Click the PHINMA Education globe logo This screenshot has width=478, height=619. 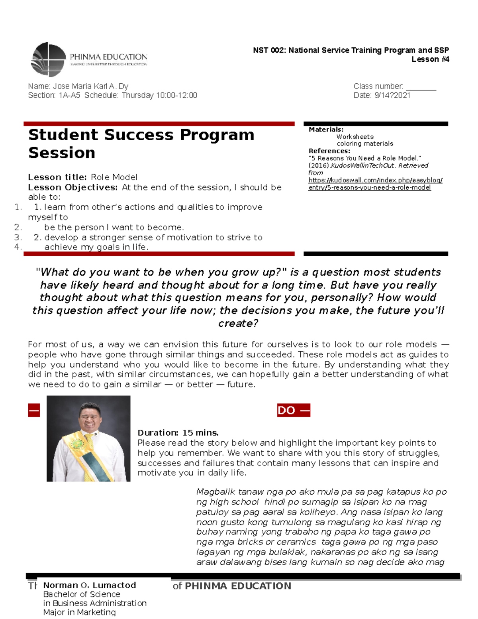pyautogui.click(x=48, y=59)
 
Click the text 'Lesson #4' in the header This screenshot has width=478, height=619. pyautogui.click(x=430, y=59)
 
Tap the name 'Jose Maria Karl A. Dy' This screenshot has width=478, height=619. pyautogui.click(x=90, y=86)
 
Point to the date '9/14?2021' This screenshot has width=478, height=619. pyautogui.click(x=392, y=95)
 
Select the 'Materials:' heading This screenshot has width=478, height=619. pyautogui.click(x=326, y=130)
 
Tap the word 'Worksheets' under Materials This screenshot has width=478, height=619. pyautogui.click(x=355, y=137)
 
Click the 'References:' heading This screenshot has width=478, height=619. pyautogui.click(x=329, y=151)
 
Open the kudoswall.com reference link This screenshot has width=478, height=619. pyautogui.click(x=375, y=180)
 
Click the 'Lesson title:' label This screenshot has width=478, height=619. pyautogui.click(x=57, y=177)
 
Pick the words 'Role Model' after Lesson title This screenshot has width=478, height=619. pyautogui.click(x=114, y=177)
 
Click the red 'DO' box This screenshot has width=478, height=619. pyautogui.click(x=293, y=410)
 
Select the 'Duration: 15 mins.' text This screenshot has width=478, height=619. pyautogui.click(x=178, y=432)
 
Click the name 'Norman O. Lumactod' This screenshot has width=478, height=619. pyautogui.click(x=90, y=585)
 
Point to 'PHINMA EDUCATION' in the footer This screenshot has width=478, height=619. pyautogui.click(x=238, y=586)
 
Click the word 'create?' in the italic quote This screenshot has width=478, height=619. pyautogui.click(x=238, y=323)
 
